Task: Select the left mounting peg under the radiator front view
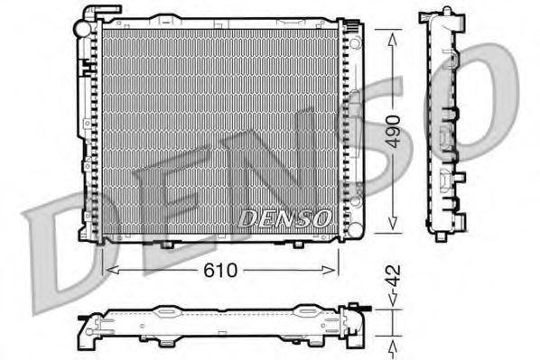coord(167,245)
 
